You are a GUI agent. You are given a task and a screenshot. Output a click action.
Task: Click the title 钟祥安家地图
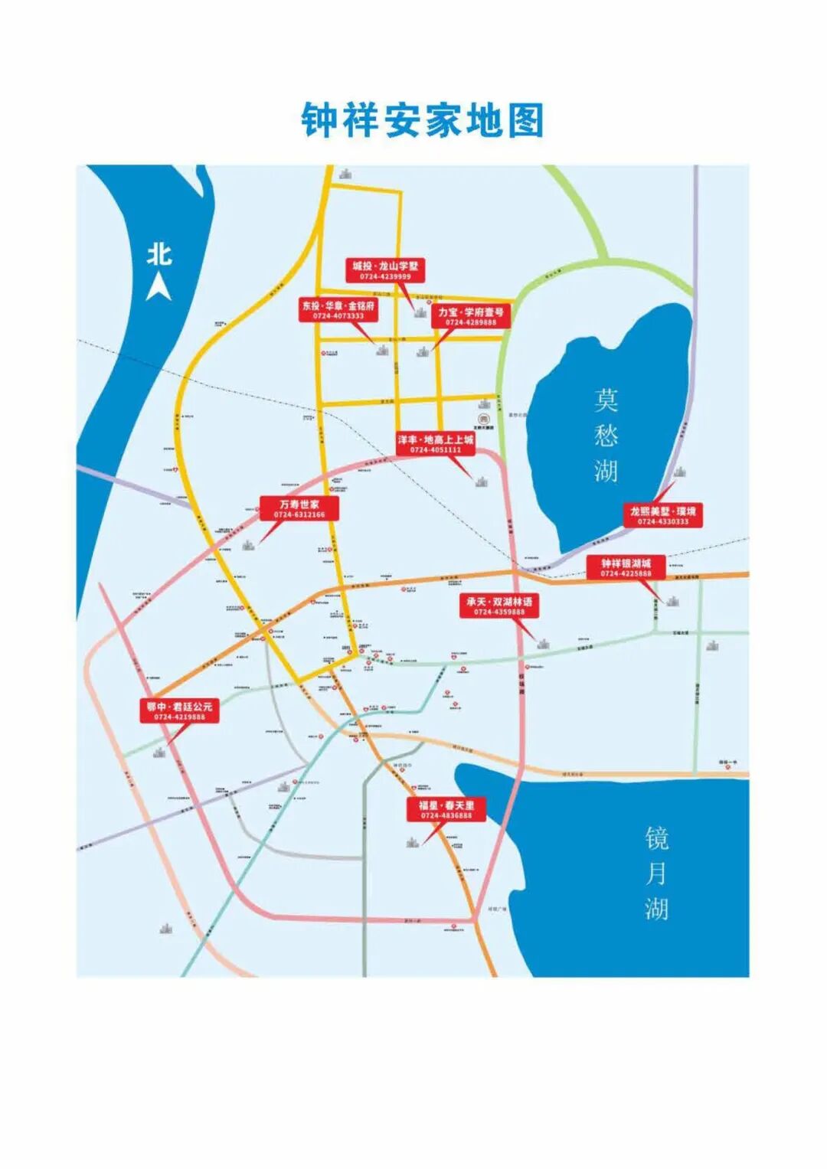pos(422,121)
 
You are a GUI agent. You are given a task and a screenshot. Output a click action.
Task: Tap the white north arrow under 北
pos(159,288)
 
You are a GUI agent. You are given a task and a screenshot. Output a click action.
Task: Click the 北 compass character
pos(159,254)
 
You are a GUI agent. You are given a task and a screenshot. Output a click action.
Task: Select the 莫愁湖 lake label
pos(606,435)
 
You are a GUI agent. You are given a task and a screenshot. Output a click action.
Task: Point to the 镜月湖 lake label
pos(656,873)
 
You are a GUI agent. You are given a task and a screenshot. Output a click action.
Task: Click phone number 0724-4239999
pos(385,276)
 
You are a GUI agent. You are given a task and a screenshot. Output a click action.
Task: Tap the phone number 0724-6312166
pos(299,515)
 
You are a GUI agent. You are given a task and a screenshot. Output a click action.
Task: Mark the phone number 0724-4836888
pos(446,816)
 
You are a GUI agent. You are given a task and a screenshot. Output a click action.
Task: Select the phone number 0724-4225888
pos(626,573)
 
